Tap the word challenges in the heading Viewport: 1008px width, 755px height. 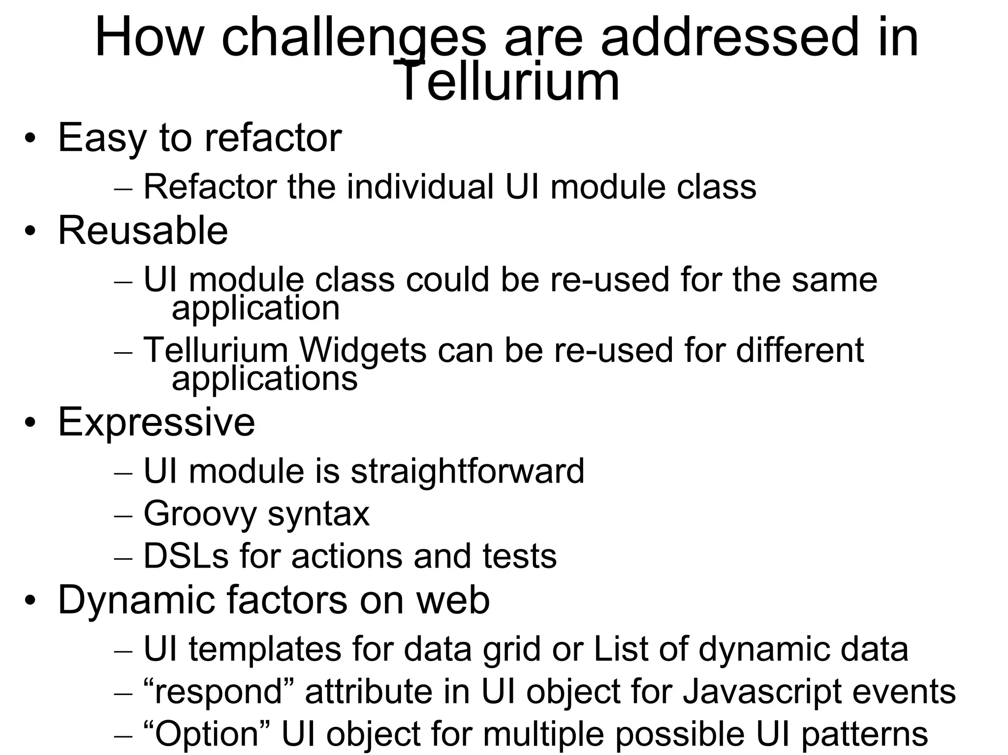(354, 38)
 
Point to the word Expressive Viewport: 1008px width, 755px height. (157, 422)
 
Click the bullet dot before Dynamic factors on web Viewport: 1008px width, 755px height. (31, 601)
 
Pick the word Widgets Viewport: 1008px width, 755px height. (362, 350)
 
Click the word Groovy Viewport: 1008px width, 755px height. (200, 513)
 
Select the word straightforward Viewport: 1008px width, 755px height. (467, 471)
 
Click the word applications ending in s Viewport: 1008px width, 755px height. (264, 379)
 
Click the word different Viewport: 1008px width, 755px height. (799, 350)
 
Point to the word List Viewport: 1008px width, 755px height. (621, 649)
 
